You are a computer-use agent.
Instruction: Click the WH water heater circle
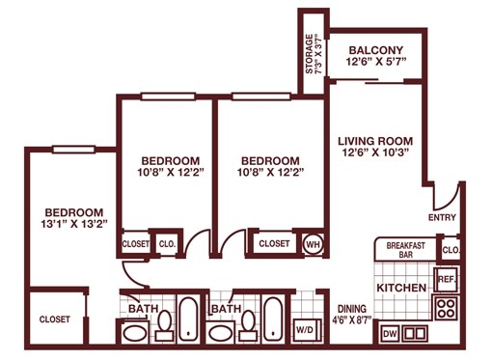314,244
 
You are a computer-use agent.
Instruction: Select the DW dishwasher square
390,334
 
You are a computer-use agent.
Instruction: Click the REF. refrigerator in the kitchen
446,279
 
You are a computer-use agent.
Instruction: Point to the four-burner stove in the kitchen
447,308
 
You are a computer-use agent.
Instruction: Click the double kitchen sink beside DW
415,334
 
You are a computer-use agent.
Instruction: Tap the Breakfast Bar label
406,250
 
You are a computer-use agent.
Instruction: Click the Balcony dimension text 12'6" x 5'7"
376,61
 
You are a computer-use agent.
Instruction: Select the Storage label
309,54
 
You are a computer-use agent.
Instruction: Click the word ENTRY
442,217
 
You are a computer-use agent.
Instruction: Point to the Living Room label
375,141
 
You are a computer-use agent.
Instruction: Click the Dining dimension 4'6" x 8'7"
352,320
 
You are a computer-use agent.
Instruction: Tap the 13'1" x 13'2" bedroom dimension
74,224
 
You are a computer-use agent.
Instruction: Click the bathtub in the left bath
188,319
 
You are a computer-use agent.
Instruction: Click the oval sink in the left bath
135,334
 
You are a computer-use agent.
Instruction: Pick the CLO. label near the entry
451,250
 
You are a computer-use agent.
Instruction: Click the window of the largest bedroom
73,150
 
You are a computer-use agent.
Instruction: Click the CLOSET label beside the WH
274,243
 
